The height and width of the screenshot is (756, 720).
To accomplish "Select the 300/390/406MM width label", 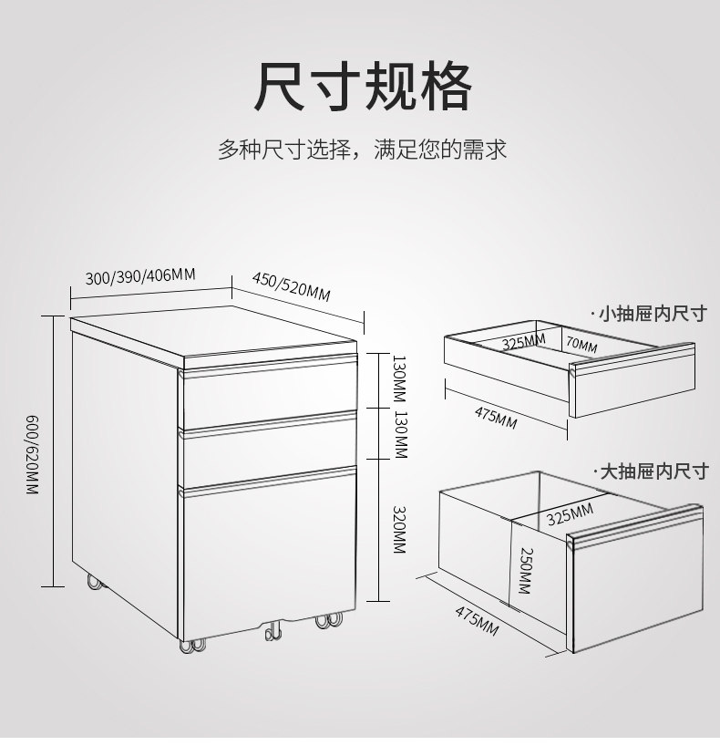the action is [x=140, y=275].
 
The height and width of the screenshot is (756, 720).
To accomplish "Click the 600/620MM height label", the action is [x=34, y=454].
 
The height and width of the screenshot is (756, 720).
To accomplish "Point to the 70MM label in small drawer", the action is [x=581, y=346].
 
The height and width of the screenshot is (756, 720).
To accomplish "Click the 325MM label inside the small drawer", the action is [x=523, y=342].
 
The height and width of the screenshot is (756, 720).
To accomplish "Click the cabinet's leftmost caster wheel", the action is [x=93, y=581].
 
